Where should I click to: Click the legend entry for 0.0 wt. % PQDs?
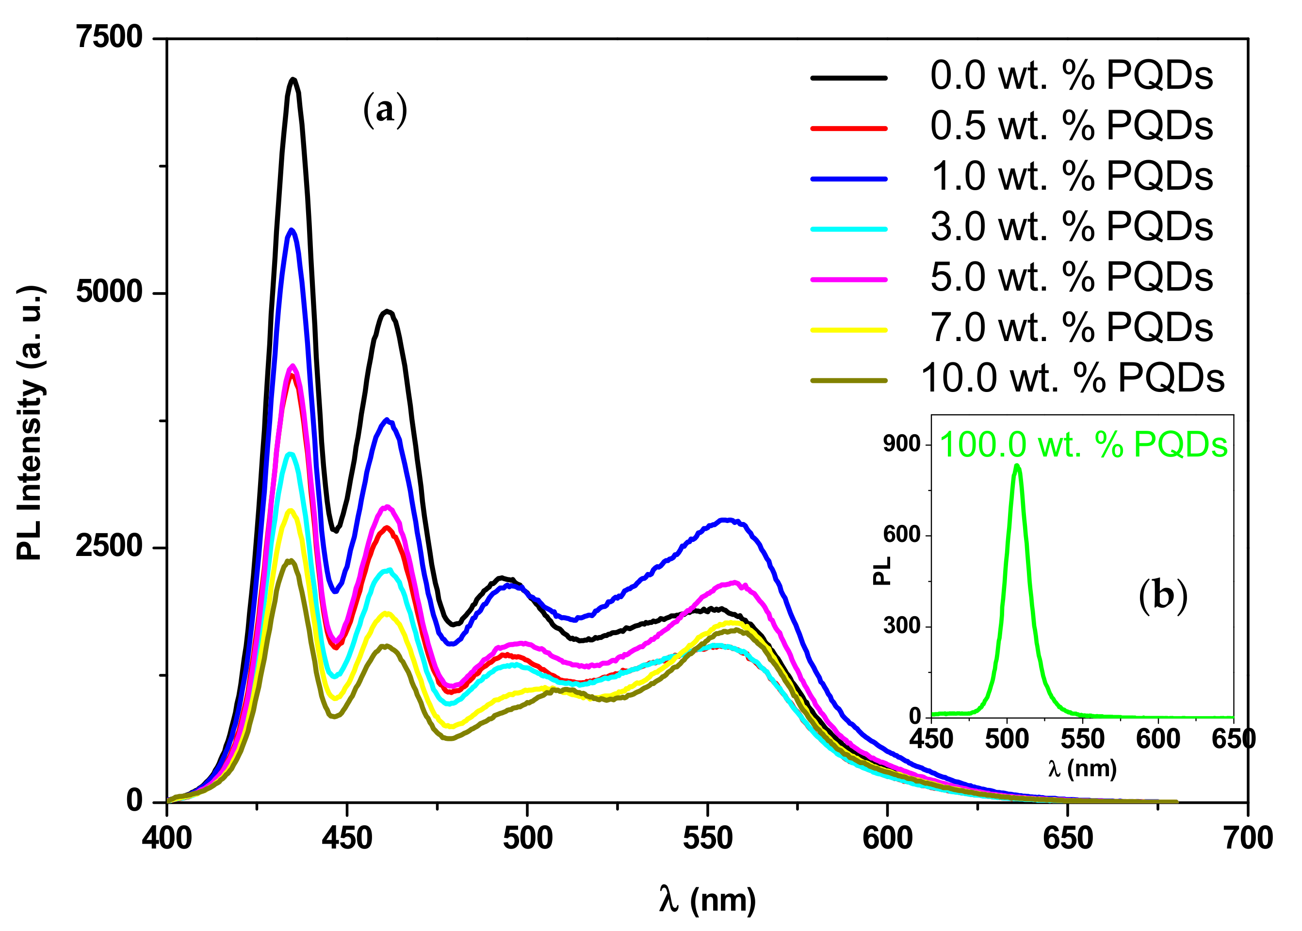(x=1071, y=76)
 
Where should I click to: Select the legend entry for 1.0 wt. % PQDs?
(x=1071, y=176)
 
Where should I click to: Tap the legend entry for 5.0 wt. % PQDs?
(x=1071, y=277)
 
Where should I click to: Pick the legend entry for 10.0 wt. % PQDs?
(x=1072, y=378)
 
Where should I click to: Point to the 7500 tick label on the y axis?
(x=109, y=37)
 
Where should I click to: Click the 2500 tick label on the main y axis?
(x=109, y=546)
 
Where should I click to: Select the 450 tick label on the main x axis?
(x=347, y=839)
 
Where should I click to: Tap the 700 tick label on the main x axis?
(x=1248, y=839)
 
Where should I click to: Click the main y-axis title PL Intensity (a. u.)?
(x=30, y=422)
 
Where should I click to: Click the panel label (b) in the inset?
(x=1163, y=596)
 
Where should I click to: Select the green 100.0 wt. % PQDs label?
(x=1083, y=445)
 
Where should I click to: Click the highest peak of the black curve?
(x=293, y=80)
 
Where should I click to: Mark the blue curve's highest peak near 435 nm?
(x=292, y=230)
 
